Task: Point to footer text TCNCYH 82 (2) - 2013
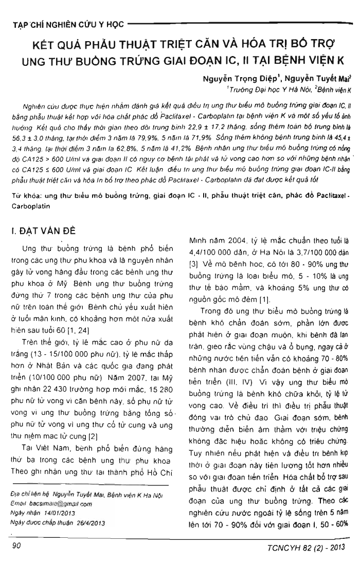pyautogui.click(x=309, y=549)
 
